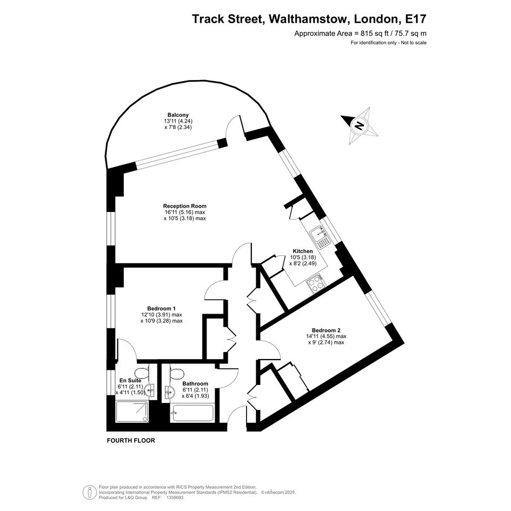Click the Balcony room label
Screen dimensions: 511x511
178,115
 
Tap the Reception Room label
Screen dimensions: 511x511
185,206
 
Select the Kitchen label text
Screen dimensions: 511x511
303,251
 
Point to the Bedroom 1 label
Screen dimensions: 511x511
161,308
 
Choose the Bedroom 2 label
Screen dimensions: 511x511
326,330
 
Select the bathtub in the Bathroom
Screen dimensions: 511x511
192,413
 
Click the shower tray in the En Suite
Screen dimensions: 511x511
132,412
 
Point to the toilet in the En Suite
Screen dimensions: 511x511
142,373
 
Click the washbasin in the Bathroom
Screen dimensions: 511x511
169,391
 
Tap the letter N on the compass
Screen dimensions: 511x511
359,125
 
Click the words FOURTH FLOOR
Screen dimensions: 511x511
131,441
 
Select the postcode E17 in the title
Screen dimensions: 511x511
415,19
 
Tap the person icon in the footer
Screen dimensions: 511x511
89,493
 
